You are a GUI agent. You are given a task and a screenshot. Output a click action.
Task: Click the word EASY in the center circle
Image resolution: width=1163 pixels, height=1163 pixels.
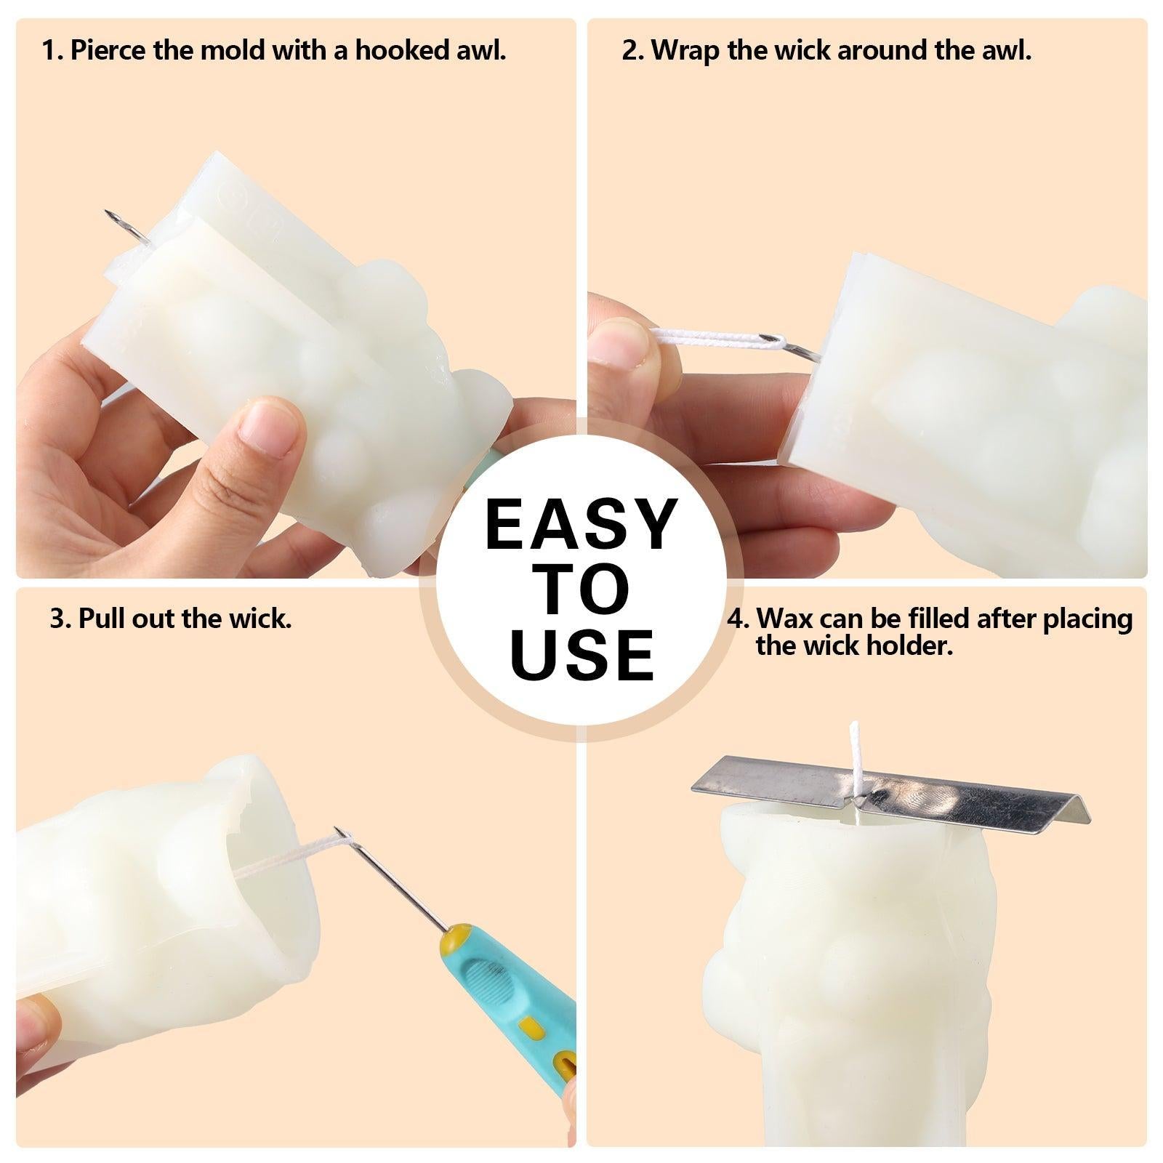coord(581,523)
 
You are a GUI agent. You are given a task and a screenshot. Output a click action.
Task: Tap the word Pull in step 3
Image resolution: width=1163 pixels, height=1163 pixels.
coord(100,619)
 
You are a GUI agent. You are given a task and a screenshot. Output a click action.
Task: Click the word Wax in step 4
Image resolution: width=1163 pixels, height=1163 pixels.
coord(783,619)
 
